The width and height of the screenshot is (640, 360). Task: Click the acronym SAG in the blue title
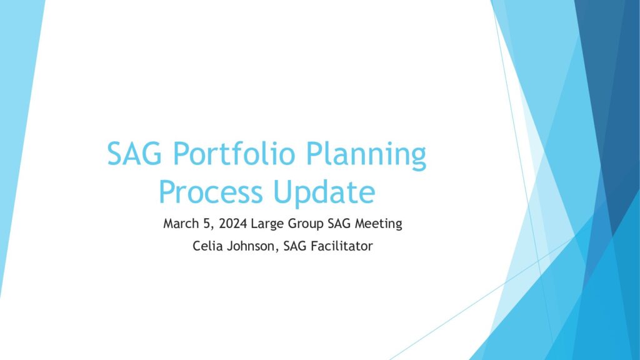(x=134, y=154)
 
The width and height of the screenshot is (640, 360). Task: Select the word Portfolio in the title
(x=234, y=153)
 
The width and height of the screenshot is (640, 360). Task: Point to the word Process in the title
(x=211, y=192)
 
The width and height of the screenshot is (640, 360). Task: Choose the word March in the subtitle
(x=181, y=224)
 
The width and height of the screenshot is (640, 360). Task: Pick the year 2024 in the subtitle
(x=232, y=224)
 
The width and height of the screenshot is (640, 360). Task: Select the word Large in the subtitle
(x=267, y=224)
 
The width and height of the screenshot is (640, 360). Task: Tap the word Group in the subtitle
(x=306, y=224)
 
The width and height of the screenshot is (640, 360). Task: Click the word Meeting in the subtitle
(x=378, y=224)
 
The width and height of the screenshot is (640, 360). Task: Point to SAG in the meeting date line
(x=339, y=224)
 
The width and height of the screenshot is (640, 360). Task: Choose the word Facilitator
(x=342, y=246)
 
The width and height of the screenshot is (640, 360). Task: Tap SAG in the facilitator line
(x=295, y=246)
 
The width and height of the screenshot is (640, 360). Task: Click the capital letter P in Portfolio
(x=181, y=154)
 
